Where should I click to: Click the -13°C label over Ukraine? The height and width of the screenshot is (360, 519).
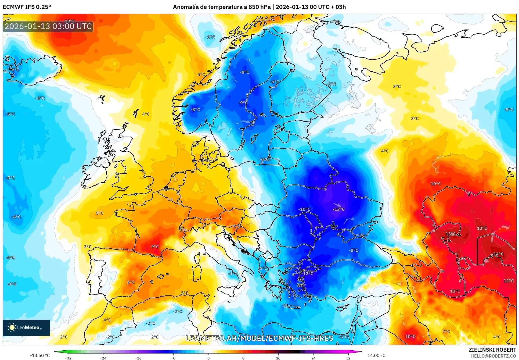[x=338, y=209]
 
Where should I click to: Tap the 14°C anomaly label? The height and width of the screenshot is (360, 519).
[x=498, y=254]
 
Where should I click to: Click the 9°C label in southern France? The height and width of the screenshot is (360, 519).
[x=155, y=247]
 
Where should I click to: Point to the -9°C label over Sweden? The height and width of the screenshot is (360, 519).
[x=243, y=103]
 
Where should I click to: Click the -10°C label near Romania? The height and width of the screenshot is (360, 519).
[x=304, y=209]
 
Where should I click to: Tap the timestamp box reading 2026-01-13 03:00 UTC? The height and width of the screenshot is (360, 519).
[x=48, y=26]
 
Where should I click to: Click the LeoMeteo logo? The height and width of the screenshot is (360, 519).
[x=26, y=327]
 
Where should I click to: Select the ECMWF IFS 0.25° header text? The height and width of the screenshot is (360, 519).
[x=27, y=7]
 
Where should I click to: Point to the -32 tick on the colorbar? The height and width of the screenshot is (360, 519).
[x=68, y=358]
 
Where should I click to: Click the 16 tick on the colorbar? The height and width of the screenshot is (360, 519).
[x=278, y=358]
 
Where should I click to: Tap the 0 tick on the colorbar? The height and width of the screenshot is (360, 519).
[x=208, y=358]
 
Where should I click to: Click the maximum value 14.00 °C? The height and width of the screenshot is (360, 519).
[x=376, y=355]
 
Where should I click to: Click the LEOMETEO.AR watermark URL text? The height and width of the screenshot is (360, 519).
[x=259, y=338]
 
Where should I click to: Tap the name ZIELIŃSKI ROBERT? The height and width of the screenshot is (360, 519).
[x=492, y=350]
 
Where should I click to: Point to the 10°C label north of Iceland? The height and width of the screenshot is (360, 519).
[x=70, y=21]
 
